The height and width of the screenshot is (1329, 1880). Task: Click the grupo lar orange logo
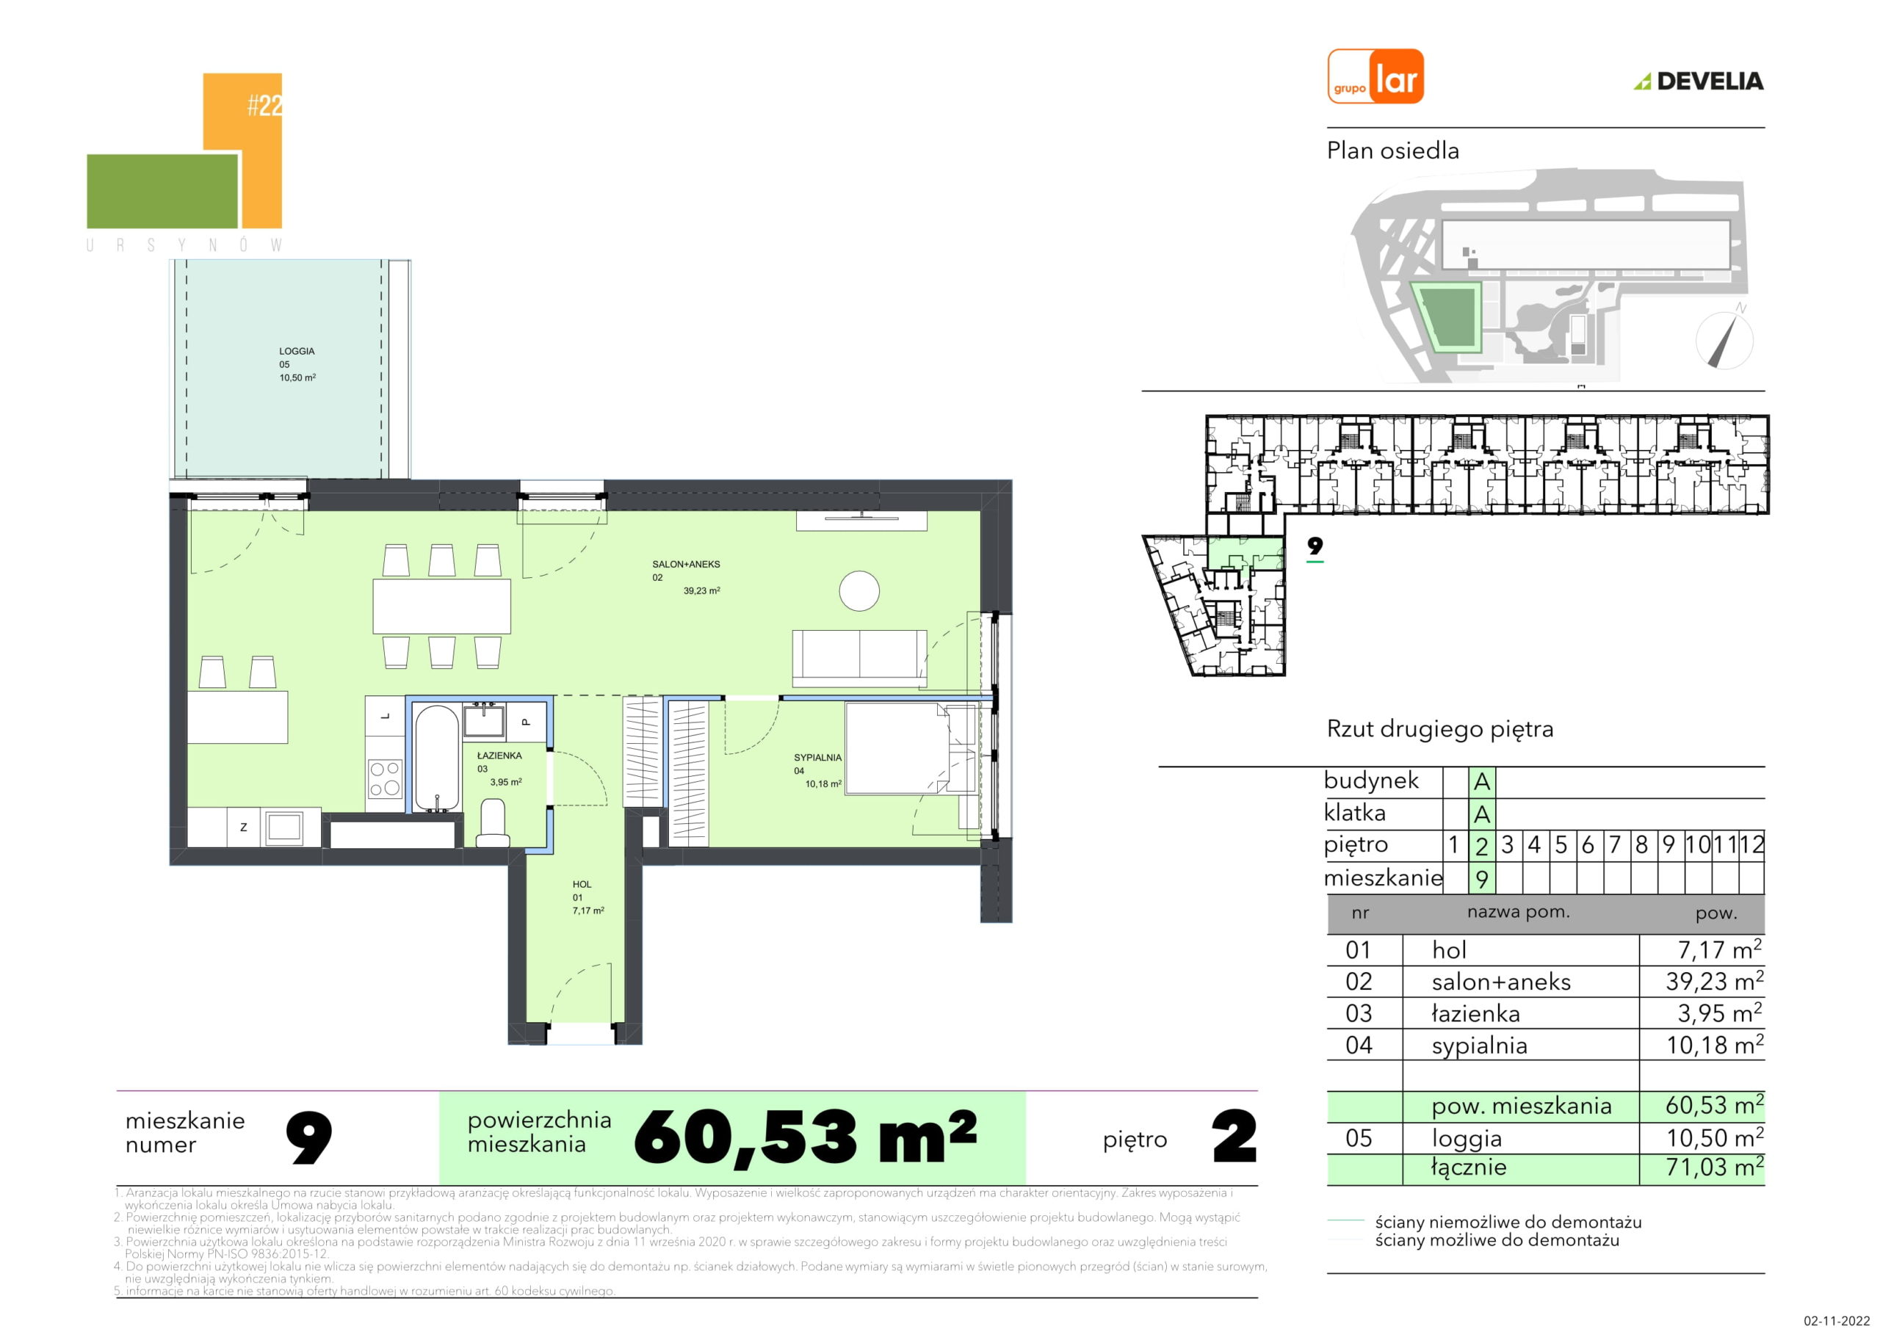click(1375, 76)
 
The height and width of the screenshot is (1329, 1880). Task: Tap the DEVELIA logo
click(1698, 81)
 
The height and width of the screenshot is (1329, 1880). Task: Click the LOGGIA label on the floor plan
click(297, 351)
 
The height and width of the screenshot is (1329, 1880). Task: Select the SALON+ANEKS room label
click(686, 564)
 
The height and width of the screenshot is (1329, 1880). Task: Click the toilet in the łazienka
click(493, 823)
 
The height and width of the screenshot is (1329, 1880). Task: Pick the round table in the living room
click(859, 590)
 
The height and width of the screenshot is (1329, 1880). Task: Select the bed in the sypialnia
click(911, 747)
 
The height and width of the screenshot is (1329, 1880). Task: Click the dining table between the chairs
click(442, 606)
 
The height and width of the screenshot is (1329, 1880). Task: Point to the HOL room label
click(582, 884)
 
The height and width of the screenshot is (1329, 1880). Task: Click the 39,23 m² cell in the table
click(1715, 981)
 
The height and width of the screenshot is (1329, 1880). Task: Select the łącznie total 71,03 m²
click(1715, 1166)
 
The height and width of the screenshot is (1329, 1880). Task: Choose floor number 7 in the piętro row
click(1615, 845)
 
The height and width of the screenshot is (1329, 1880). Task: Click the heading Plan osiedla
click(1393, 151)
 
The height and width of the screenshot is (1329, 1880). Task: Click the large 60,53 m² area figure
click(805, 1137)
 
